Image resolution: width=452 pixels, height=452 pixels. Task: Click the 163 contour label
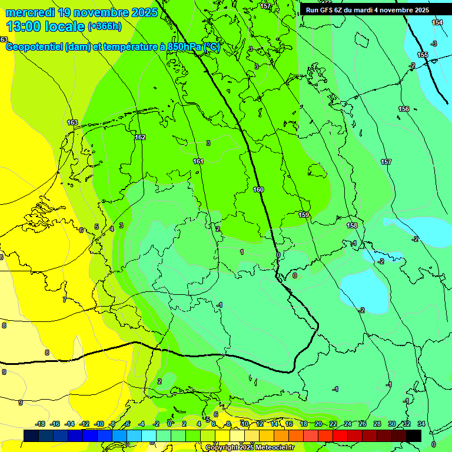[x=72, y=122]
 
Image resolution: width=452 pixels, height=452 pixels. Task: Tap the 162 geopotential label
[x=140, y=137]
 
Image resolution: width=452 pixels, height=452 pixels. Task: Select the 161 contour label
[x=198, y=161]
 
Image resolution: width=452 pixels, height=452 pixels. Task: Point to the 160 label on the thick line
[x=258, y=190]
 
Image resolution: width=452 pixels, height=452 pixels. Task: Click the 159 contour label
[x=304, y=215]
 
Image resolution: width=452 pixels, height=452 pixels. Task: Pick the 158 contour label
[x=352, y=225]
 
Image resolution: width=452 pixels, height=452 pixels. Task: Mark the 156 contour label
[x=404, y=109]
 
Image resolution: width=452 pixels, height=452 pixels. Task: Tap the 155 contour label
[x=423, y=55]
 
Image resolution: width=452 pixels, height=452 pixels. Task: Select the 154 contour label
[x=437, y=22]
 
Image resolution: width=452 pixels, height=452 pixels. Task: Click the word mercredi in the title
[x=31, y=12]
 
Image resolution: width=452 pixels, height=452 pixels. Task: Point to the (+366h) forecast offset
[x=105, y=26]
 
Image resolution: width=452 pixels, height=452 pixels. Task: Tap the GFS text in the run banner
[x=329, y=10]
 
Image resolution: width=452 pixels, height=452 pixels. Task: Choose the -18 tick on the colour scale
[x=41, y=424]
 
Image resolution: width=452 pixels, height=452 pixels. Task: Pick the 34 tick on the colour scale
[x=421, y=424]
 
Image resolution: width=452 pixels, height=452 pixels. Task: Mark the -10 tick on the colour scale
[x=99, y=424]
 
